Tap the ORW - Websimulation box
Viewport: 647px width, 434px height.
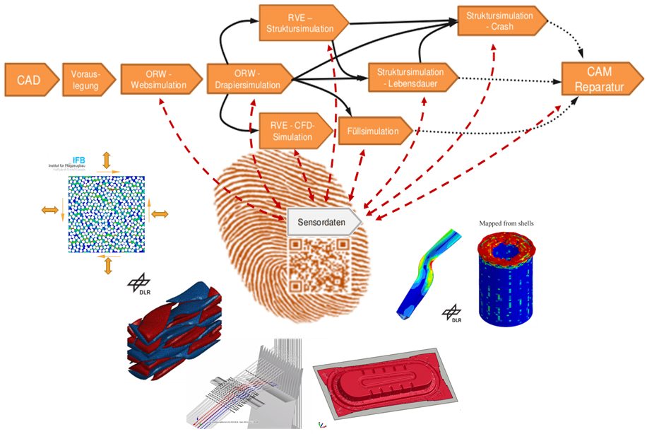click(159, 79)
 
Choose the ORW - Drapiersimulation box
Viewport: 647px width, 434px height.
click(247, 79)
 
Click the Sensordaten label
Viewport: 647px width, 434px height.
click(324, 221)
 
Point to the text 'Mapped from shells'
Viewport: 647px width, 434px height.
click(506, 223)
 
